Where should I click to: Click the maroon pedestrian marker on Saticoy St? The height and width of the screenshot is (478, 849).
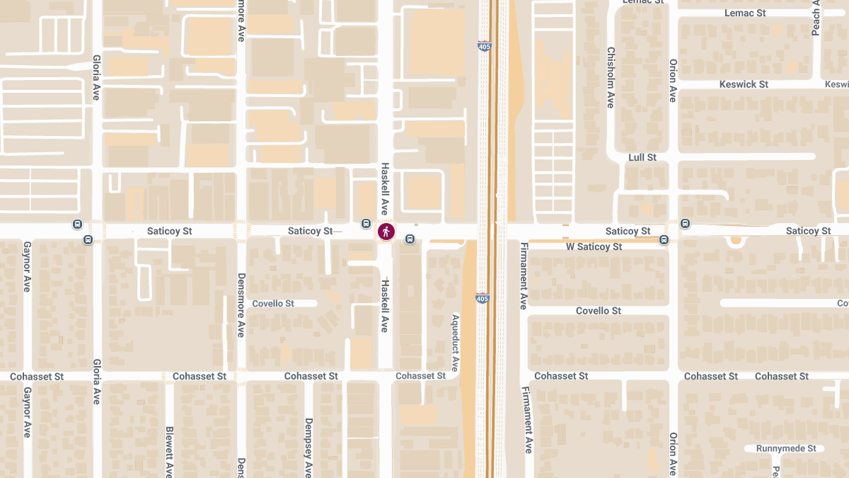coord(386,232)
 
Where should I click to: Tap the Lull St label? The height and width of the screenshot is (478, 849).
coord(642,157)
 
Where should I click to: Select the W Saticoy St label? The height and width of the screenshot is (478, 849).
coord(594,247)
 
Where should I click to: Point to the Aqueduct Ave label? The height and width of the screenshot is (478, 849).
coord(455,343)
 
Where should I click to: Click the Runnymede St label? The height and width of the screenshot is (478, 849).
coord(786,449)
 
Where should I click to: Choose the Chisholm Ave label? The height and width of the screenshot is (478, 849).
coord(611,78)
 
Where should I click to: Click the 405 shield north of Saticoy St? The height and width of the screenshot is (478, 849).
coord(484,47)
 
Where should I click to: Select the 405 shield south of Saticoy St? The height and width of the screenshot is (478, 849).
coord(482,299)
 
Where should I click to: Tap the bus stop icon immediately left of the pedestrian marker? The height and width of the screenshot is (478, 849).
coord(366,224)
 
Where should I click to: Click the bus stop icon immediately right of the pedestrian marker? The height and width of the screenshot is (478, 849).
coord(410,239)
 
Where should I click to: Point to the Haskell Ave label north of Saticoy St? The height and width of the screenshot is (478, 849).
coord(385,188)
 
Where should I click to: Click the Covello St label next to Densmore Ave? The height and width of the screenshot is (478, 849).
coord(273,304)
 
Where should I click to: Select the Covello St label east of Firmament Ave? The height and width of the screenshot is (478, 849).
coord(598,311)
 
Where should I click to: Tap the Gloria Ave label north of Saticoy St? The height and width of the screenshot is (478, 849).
coord(96,79)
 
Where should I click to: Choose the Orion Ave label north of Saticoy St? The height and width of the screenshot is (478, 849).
coord(673,80)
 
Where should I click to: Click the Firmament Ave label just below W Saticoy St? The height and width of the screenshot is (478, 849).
coord(524,276)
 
